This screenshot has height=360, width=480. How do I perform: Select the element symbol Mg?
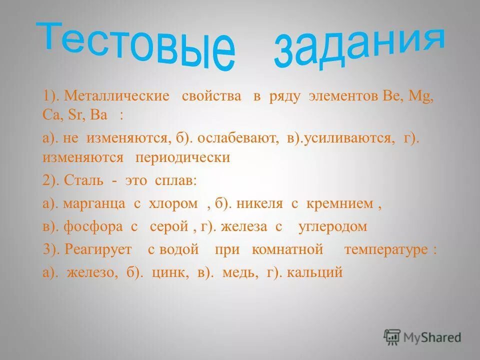(x=420, y=96)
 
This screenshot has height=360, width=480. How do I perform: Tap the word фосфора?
(x=93, y=226)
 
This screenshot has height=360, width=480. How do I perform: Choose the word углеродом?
(x=332, y=226)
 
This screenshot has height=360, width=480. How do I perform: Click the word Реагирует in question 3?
(x=98, y=249)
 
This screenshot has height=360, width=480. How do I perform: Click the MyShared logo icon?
(x=392, y=336)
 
